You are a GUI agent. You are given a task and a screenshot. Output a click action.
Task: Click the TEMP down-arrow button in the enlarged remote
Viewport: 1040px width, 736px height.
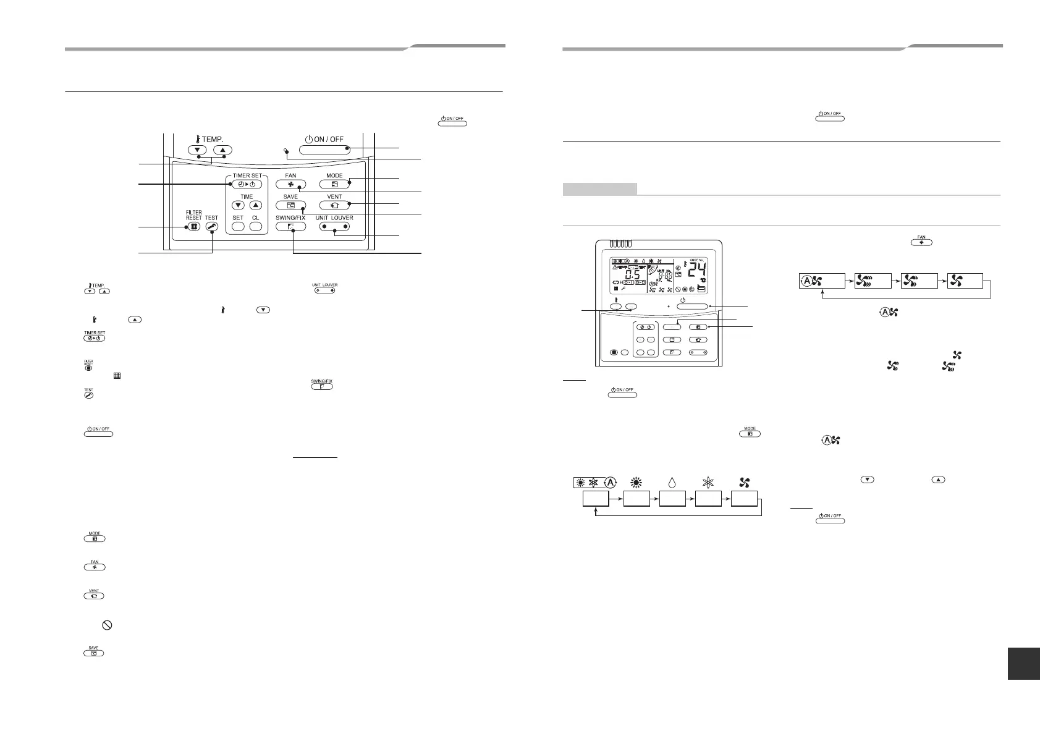click(199, 150)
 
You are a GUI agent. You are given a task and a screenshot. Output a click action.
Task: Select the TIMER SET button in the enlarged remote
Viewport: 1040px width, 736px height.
click(247, 184)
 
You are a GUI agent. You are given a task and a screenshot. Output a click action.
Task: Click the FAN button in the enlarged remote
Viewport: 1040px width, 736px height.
click(290, 184)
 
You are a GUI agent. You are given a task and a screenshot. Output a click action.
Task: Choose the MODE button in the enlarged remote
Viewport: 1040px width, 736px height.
click(334, 184)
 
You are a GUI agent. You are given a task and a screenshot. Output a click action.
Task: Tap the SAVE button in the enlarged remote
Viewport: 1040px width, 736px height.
click(290, 205)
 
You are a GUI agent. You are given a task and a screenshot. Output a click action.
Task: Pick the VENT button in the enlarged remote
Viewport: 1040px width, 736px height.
click(334, 205)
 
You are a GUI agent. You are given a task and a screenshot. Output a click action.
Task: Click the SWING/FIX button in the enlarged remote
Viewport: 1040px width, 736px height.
click(290, 227)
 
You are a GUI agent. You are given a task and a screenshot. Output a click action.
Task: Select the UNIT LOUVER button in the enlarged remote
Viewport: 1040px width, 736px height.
click(334, 227)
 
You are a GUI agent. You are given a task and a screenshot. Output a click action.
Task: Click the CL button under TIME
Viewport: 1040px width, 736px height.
click(255, 227)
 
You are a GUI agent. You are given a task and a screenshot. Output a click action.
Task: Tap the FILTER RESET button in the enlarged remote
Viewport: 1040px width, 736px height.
click(194, 227)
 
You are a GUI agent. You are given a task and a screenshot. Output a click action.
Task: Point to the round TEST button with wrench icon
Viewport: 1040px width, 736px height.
click(211, 227)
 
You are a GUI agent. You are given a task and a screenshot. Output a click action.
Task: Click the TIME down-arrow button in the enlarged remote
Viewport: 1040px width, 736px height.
click(238, 205)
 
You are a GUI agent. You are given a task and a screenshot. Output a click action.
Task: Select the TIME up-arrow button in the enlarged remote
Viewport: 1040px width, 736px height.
click(255, 205)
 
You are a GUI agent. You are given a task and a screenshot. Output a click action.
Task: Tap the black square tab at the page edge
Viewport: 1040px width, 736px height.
click(1023, 662)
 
